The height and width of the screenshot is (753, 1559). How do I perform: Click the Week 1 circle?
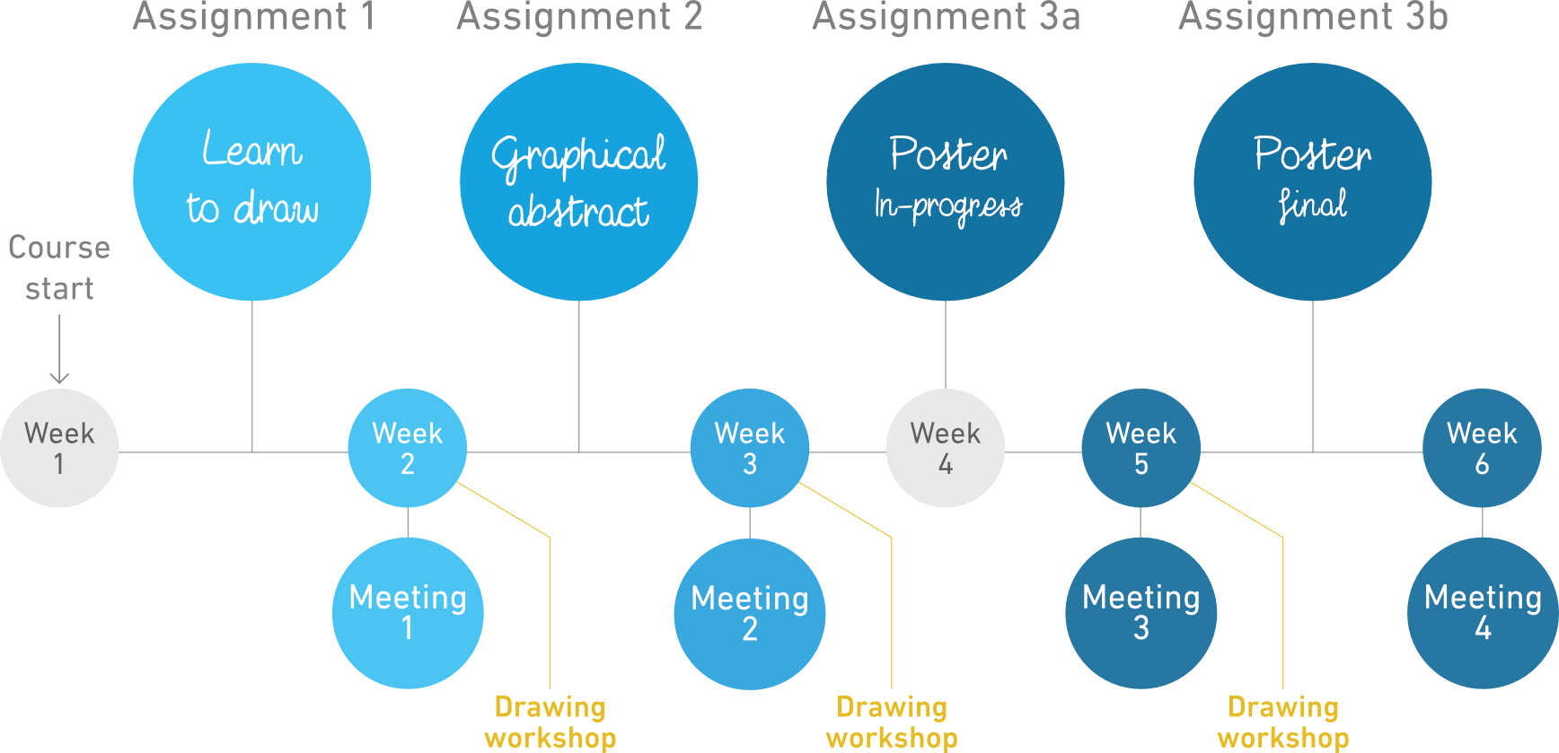pyautogui.click(x=59, y=448)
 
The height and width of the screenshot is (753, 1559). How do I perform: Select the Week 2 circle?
pyautogui.click(x=408, y=448)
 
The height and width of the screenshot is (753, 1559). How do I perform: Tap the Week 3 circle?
pyautogui.click(x=750, y=448)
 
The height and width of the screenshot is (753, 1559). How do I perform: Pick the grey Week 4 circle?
pyautogui.click(x=946, y=448)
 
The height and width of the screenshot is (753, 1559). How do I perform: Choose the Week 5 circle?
pyautogui.click(x=1141, y=448)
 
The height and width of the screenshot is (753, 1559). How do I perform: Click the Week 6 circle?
pyautogui.click(x=1482, y=448)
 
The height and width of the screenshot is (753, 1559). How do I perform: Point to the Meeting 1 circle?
pyautogui.click(x=408, y=613)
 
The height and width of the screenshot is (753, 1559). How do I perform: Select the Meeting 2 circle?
pyautogui.click(x=750, y=614)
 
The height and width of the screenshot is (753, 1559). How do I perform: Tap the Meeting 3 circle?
pyautogui.click(x=1141, y=613)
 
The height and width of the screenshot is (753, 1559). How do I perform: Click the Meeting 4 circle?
pyautogui.click(x=1483, y=613)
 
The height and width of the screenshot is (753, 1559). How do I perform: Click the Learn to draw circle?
pyautogui.click(x=252, y=182)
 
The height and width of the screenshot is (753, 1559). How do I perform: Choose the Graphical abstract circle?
pyautogui.click(x=579, y=182)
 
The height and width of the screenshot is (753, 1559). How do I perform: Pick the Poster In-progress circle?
pyautogui.click(x=946, y=182)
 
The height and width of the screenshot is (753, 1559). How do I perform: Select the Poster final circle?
pyautogui.click(x=1313, y=182)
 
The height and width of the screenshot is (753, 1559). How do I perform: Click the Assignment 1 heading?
pyautogui.click(x=254, y=18)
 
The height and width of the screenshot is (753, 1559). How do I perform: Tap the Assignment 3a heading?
pyautogui.click(x=947, y=18)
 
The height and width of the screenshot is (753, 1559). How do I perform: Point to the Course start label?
pyautogui.click(x=59, y=267)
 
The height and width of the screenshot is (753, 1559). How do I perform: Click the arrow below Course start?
pyautogui.click(x=59, y=349)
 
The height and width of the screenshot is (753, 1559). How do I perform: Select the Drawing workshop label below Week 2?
pyautogui.click(x=550, y=722)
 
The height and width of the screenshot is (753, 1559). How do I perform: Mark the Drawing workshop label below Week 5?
pyautogui.click(x=1283, y=722)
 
